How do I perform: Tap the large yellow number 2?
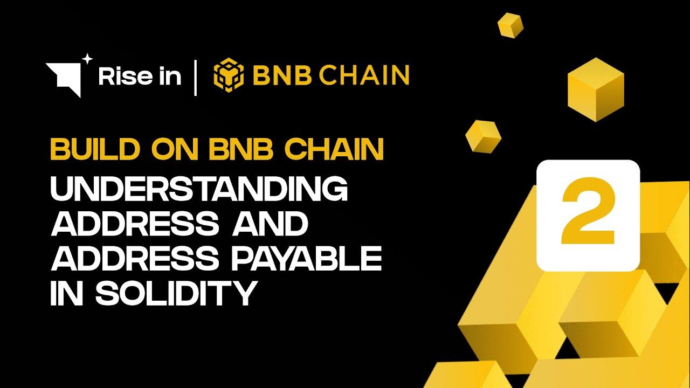tap(588, 216)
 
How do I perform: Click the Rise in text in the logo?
tap(140, 77)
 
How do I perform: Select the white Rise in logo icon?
tap(64, 78)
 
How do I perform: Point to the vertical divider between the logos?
tap(195, 77)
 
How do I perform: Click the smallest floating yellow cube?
tap(509, 25)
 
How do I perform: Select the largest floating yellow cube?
tap(595, 90)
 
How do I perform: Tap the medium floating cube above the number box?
tap(483, 135)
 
